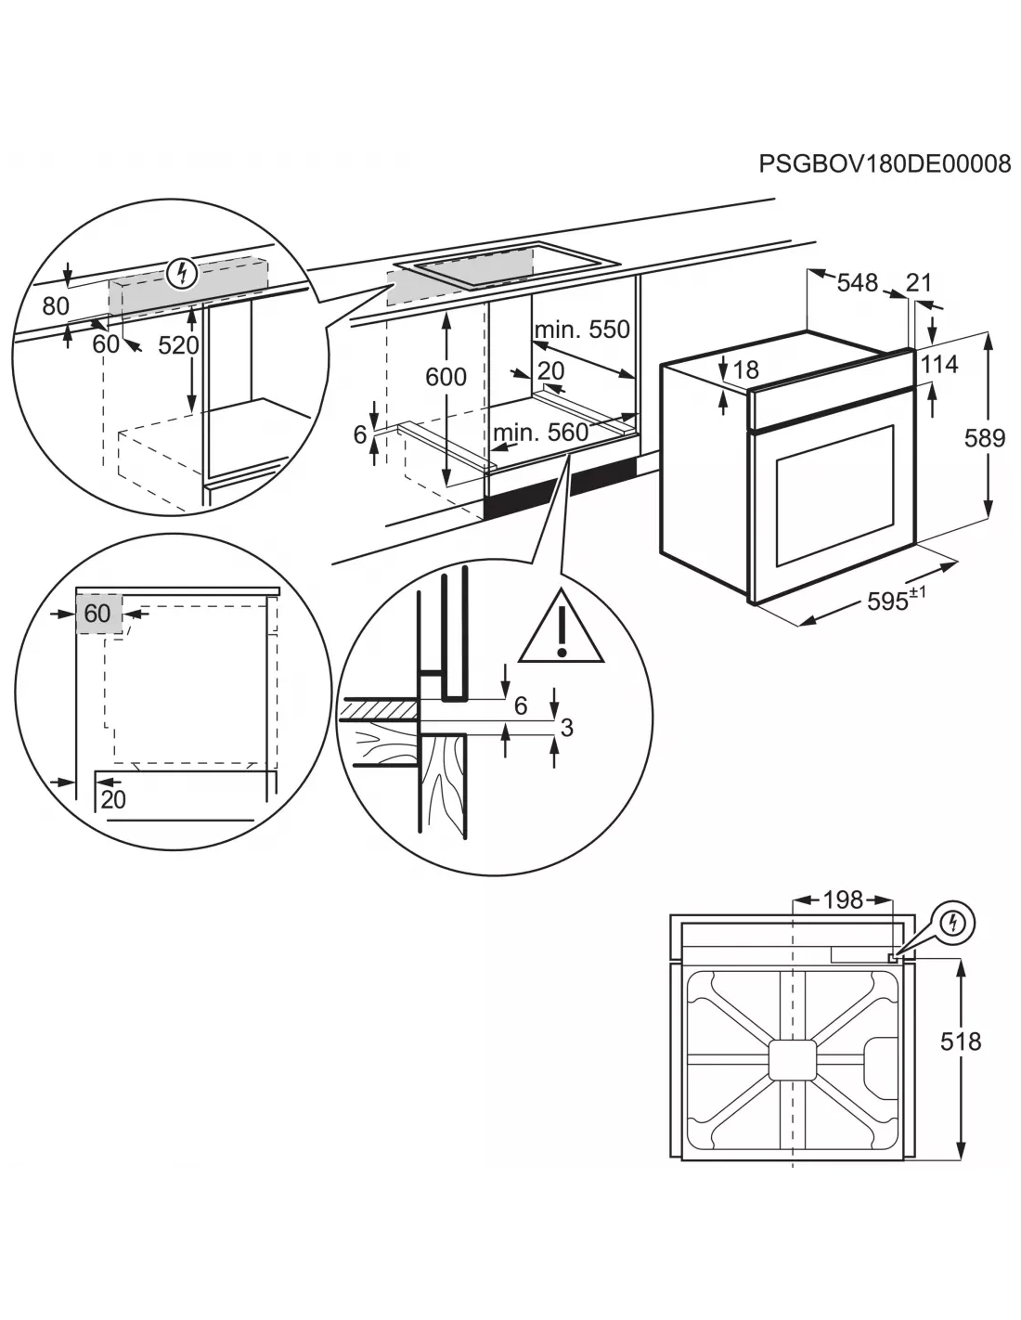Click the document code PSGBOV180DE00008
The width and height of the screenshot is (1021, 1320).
tap(884, 164)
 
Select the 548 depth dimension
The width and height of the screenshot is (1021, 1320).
tap(857, 282)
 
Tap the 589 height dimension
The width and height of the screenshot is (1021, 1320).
tap(984, 437)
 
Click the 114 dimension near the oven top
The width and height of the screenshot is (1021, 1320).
tap(939, 364)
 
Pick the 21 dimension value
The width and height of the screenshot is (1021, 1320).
tap(918, 282)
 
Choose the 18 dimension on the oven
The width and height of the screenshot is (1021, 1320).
tap(745, 370)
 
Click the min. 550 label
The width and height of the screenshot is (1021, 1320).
tap(582, 329)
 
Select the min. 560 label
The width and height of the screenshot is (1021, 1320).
tap(541, 432)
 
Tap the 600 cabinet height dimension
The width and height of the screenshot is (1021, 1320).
tap(446, 376)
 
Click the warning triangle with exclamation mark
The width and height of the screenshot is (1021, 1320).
tap(562, 628)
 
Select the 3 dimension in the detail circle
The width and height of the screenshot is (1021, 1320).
tap(566, 728)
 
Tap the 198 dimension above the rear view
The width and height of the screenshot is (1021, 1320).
tap(843, 899)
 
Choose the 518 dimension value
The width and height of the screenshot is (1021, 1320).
tap(960, 1042)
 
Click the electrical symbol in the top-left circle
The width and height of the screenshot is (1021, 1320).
tap(185, 273)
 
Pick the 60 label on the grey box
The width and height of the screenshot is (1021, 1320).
tap(97, 613)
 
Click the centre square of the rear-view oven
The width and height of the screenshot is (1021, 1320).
tap(792, 1059)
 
